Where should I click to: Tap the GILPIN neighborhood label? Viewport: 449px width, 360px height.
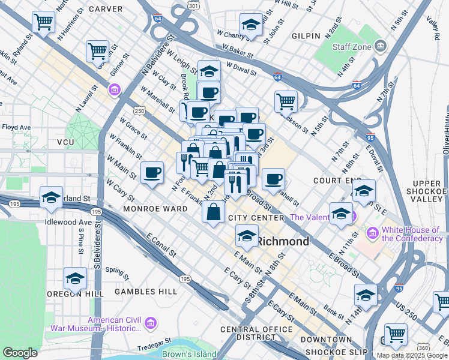pos(306,36)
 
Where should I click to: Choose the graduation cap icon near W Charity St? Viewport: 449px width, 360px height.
pos(251,25)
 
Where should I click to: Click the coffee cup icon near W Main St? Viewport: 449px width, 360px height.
pos(152,173)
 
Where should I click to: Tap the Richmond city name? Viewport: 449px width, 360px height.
pos(283,241)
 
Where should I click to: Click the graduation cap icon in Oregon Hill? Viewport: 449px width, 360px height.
pos(76,278)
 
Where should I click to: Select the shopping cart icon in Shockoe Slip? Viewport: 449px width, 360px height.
pos(396,334)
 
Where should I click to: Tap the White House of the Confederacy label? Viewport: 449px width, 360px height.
pos(410,234)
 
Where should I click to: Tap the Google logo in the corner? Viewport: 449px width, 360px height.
pos(20,353)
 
